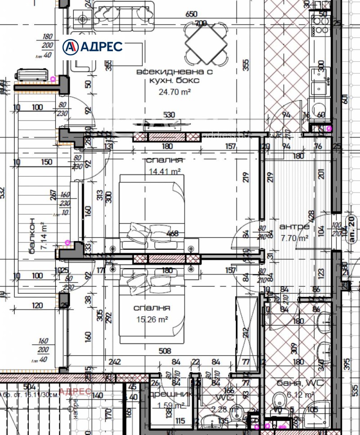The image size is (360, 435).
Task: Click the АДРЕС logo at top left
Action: tap(93, 46)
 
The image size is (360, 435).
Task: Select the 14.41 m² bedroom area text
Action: tap(164, 171)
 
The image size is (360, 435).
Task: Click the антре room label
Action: tap(294, 226)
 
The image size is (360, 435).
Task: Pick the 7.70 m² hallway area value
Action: tap(295, 238)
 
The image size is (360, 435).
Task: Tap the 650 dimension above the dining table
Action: tap(191, 14)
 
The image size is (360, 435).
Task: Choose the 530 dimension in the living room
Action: tap(169, 115)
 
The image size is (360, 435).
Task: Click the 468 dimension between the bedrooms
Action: tap(172, 233)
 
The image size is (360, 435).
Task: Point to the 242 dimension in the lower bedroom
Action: tap(115, 362)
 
